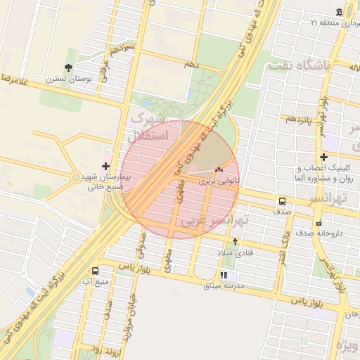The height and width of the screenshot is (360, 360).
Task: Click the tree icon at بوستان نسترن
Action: point(68,67)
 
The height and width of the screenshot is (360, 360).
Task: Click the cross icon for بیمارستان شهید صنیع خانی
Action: point(105,167)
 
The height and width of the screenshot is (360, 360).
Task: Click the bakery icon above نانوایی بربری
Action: point(219,169)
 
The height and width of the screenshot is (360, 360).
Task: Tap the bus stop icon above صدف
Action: point(282,200)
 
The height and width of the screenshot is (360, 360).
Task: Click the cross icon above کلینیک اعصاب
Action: point(323,157)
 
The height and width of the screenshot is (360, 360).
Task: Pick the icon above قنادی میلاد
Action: point(235,242)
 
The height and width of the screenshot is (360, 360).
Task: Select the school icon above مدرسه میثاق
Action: point(224,275)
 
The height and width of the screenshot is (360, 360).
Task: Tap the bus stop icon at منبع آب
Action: point(96,271)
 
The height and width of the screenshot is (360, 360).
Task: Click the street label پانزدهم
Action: point(300,119)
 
